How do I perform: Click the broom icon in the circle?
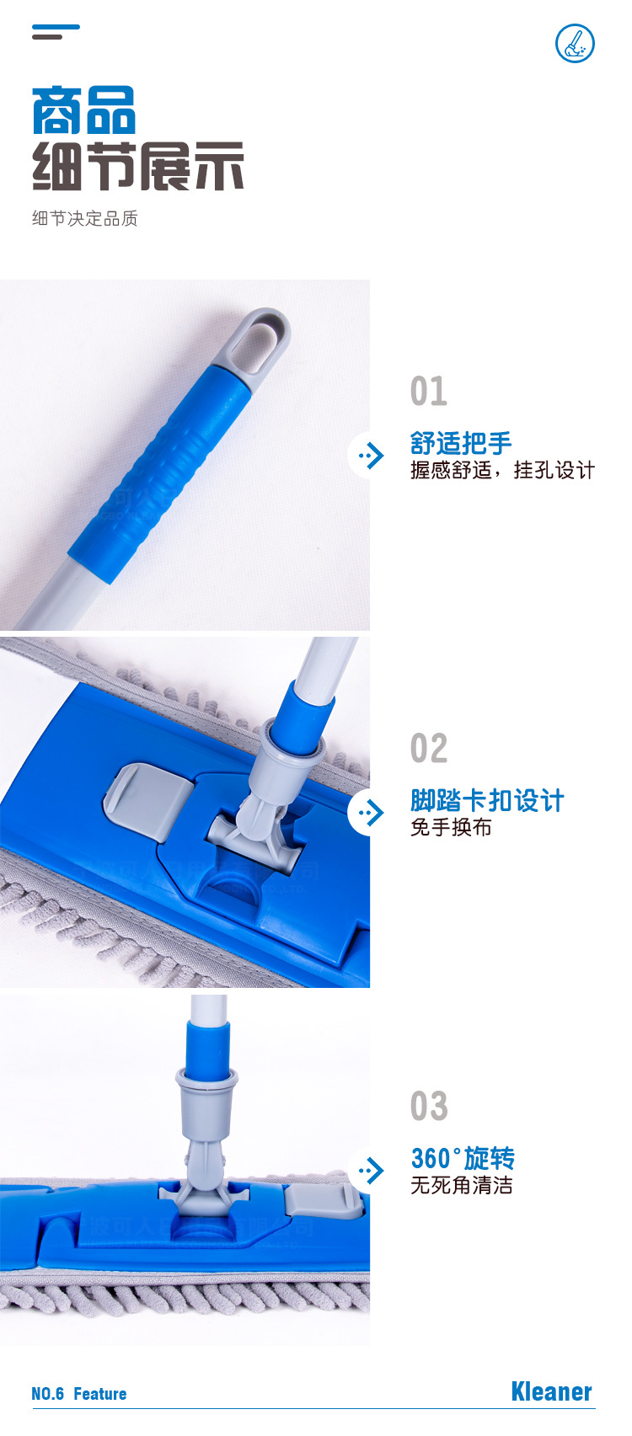tap(576, 44)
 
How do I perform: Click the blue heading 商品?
tap(83, 111)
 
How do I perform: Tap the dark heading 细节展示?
tap(138, 167)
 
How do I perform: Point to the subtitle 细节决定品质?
tap(84, 219)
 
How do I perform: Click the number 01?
tap(429, 392)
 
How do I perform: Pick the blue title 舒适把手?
tap(461, 443)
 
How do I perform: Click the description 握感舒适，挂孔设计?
tap(502, 470)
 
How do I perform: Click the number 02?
tap(429, 749)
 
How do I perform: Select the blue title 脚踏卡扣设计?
tap(487, 800)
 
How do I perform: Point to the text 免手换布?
tap(451, 828)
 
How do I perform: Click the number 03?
tap(429, 1107)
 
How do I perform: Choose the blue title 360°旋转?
tap(463, 1158)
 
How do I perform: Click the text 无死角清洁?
tap(461, 1186)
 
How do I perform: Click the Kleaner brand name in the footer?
tap(551, 1392)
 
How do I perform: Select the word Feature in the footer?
tap(99, 1394)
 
